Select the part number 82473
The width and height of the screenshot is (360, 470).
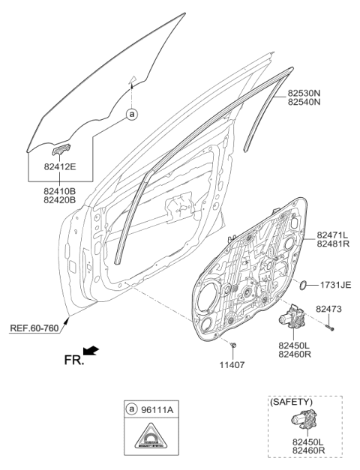(328, 308)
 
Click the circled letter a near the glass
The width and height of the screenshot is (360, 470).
(132, 115)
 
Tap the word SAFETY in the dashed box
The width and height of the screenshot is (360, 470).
(287, 403)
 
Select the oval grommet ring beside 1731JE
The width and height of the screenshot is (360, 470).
(302, 285)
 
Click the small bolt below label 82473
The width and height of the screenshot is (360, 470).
(331, 325)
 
